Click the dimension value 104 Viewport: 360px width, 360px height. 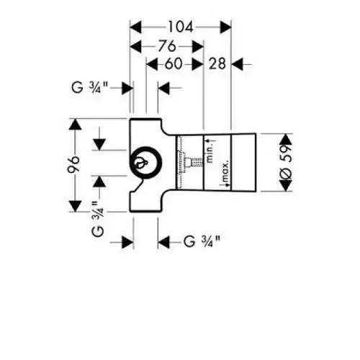(x=181, y=27)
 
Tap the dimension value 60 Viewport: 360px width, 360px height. (x=174, y=64)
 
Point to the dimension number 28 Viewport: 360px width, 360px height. (x=217, y=64)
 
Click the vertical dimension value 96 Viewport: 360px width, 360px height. (x=73, y=165)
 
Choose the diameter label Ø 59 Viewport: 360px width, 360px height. (x=286, y=162)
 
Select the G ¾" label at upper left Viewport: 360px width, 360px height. (x=90, y=87)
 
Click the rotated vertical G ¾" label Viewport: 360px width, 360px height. (x=98, y=219)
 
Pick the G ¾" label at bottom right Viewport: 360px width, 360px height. (x=202, y=241)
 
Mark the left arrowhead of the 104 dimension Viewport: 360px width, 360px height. (x=135, y=27)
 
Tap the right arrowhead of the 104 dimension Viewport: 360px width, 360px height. (x=225, y=27)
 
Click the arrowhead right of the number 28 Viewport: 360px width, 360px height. (x=238, y=64)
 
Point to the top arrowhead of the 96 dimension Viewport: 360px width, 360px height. (x=75, y=125)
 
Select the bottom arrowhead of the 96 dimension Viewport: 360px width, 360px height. (x=75, y=206)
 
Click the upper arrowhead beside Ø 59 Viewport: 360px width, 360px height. (x=286, y=139)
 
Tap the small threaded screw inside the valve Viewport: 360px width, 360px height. (x=194, y=163)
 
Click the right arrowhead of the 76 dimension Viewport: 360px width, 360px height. (x=197, y=46)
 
